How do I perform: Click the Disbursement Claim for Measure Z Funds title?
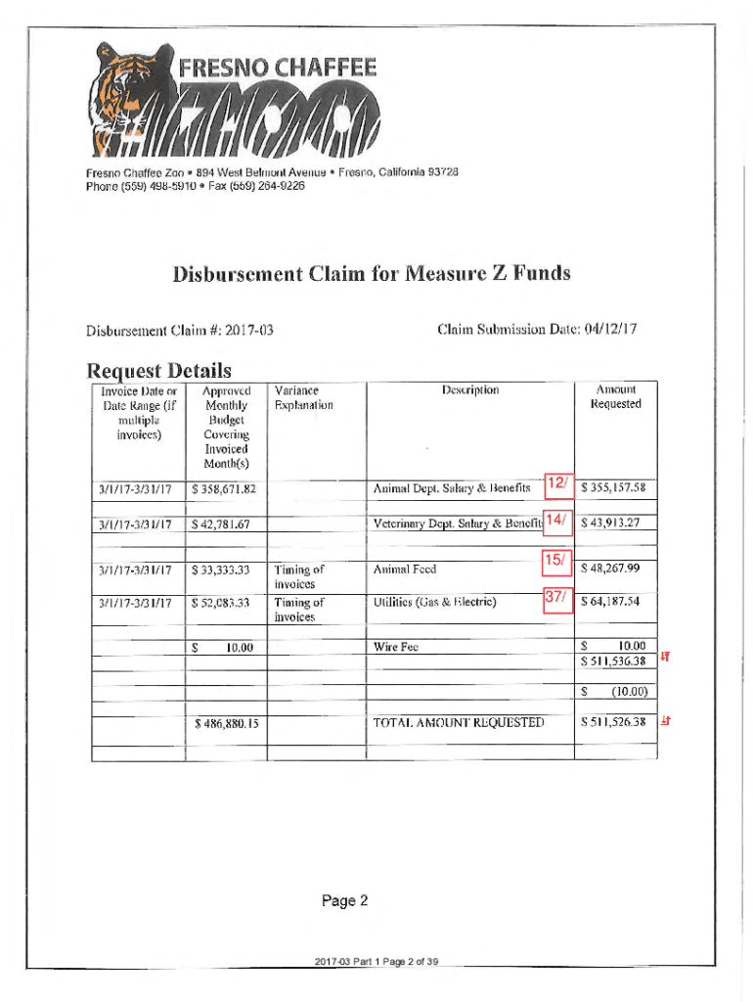click(371, 273)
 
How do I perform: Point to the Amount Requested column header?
click(616, 396)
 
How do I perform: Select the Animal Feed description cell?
click(405, 569)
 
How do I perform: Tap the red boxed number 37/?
click(556, 598)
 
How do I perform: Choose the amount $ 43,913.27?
click(616, 523)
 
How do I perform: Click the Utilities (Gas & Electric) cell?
click(434, 601)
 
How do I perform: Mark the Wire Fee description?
click(396, 647)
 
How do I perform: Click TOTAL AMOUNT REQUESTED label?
click(458, 723)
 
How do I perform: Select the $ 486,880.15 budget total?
click(225, 724)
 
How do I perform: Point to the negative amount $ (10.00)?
click(616, 692)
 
